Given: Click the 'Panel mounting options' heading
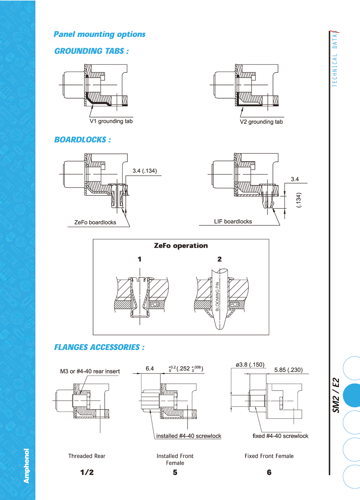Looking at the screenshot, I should coord(99,34).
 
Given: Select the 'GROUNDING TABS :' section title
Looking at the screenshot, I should coord(91,51).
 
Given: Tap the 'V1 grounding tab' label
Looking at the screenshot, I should coord(111,121).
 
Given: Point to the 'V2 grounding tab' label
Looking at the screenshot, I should coord(261,122).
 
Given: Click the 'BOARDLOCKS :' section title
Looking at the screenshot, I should coord(82,140).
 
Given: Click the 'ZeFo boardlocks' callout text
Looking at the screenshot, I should coord(95,223).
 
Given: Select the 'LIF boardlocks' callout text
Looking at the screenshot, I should coord(233,222).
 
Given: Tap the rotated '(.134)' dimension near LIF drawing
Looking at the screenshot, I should coord(299,200).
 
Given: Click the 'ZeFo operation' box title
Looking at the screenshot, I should coord(181,246).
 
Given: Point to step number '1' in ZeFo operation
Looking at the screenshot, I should coord(139,259).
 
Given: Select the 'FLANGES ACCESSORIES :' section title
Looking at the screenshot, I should coord(99,347).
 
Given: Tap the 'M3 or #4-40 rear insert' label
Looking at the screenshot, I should coord(90,371).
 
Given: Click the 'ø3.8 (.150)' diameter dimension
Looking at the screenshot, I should coord(250,365).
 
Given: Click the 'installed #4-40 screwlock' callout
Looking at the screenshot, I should coord(188,436).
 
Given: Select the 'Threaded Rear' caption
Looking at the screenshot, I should coord(87,456).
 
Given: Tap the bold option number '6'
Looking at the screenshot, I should coord(269,473).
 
